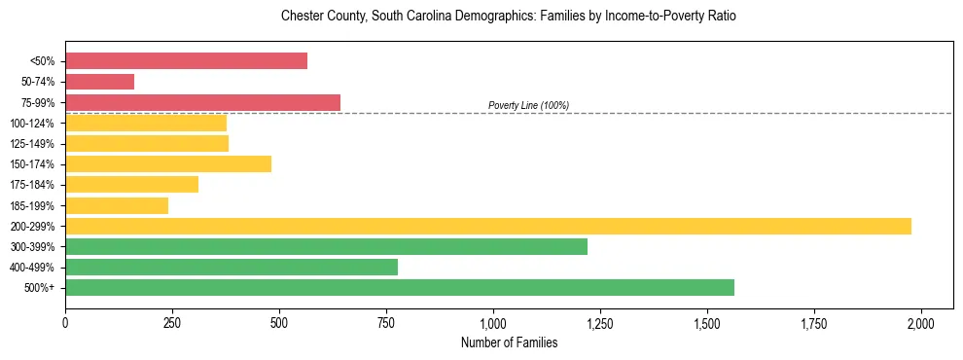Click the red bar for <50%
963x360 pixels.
(186, 61)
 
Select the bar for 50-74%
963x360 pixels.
(99, 82)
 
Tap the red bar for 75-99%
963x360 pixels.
(202, 102)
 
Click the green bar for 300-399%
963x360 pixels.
(326, 246)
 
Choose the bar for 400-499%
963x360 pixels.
(232, 267)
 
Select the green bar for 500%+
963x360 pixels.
(400, 287)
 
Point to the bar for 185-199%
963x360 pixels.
(117, 205)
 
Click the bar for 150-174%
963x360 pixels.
(168, 163)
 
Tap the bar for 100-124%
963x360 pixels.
(146, 123)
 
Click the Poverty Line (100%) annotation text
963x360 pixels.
(528, 105)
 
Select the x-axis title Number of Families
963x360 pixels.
(509, 342)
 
